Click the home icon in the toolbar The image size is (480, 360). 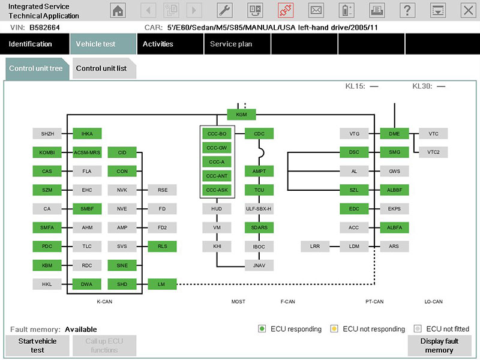coord(118,10)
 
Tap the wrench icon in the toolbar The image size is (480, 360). coord(224,10)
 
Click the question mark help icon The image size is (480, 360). coord(407,10)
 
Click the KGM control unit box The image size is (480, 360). coord(241,115)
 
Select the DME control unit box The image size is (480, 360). coord(394,134)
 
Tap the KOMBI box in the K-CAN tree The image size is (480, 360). coord(47,152)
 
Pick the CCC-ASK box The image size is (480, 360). coord(217,190)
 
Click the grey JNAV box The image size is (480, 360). coord(259,265)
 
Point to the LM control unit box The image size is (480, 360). coord(162,284)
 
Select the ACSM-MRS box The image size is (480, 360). coord(87,152)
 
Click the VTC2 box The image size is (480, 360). coord(433,152)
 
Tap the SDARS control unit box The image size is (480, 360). coord(259,227)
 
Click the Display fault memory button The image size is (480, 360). coord(439,346)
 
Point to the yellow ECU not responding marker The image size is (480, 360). coord(334,329)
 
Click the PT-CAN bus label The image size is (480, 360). coord(374,302)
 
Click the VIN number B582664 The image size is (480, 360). coord(44,28)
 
